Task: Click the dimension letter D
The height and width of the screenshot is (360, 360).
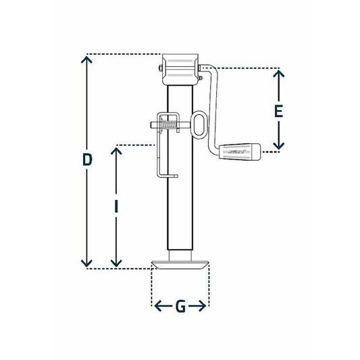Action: [x=86, y=160]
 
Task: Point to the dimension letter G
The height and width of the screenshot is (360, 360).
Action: [x=180, y=307]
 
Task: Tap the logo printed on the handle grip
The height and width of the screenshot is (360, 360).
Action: [x=238, y=153]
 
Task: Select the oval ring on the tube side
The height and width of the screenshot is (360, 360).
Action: [x=201, y=125]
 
